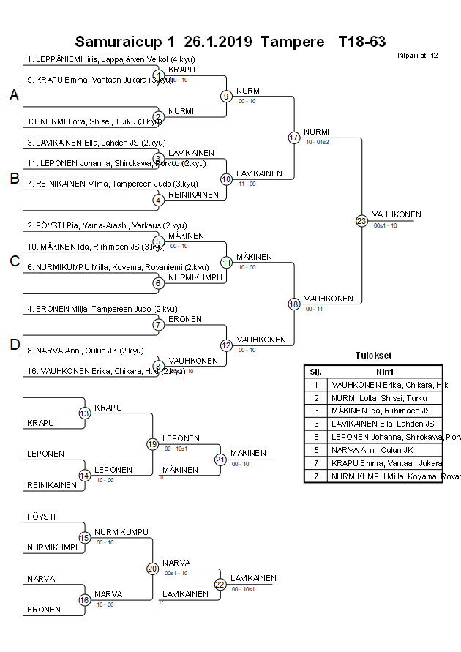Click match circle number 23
pyautogui.click(x=361, y=221)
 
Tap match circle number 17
pyautogui.click(x=294, y=138)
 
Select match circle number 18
pyautogui.click(x=294, y=304)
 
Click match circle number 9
pyautogui.click(x=227, y=96)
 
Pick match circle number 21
pyautogui.click(x=220, y=460)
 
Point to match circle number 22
pyautogui.click(x=220, y=584)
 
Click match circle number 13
pyautogui.click(x=85, y=413)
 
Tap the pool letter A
pyautogui.click(x=14, y=96)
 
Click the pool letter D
pyautogui.click(x=14, y=345)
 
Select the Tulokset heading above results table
pyautogui.click(x=373, y=356)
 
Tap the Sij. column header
pyautogui.click(x=315, y=371)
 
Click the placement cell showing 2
pyautogui.click(x=315, y=397)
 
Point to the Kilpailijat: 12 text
pyautogui.click(x=417, y=56)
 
